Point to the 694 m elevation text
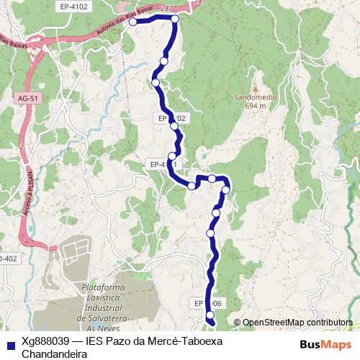click(x=256, y=105)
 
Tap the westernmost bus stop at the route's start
click(x=132, y=22)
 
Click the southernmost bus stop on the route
click(x=211, y=315)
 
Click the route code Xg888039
click(x=48, y=341)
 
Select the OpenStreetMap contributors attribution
click(x=297, y=323)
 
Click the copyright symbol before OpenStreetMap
click(x=238, y=323)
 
